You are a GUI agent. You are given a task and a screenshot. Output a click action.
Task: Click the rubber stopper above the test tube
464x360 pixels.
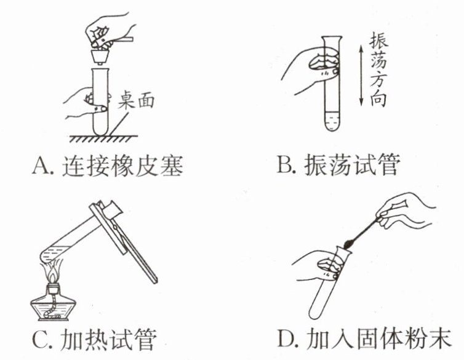(x=100, y=57)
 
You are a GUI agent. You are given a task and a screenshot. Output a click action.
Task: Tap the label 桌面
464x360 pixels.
(x=136, y=100)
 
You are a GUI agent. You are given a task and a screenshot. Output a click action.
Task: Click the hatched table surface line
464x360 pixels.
(x=103, y=138)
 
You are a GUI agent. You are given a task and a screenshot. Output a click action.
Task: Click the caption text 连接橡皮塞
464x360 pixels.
(x=122, y=166)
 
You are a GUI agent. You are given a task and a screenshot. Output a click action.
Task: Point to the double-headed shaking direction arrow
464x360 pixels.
(x=361, y=76)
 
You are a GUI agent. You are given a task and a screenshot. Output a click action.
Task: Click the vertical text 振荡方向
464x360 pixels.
(x=378, y=71)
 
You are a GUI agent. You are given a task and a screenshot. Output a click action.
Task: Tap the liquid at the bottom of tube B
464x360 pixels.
(x=332, y=121)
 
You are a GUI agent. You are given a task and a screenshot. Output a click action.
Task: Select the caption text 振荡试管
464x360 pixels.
(x=352, y=164)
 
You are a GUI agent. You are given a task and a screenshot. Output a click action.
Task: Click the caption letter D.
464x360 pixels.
(x=287, y=338)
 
